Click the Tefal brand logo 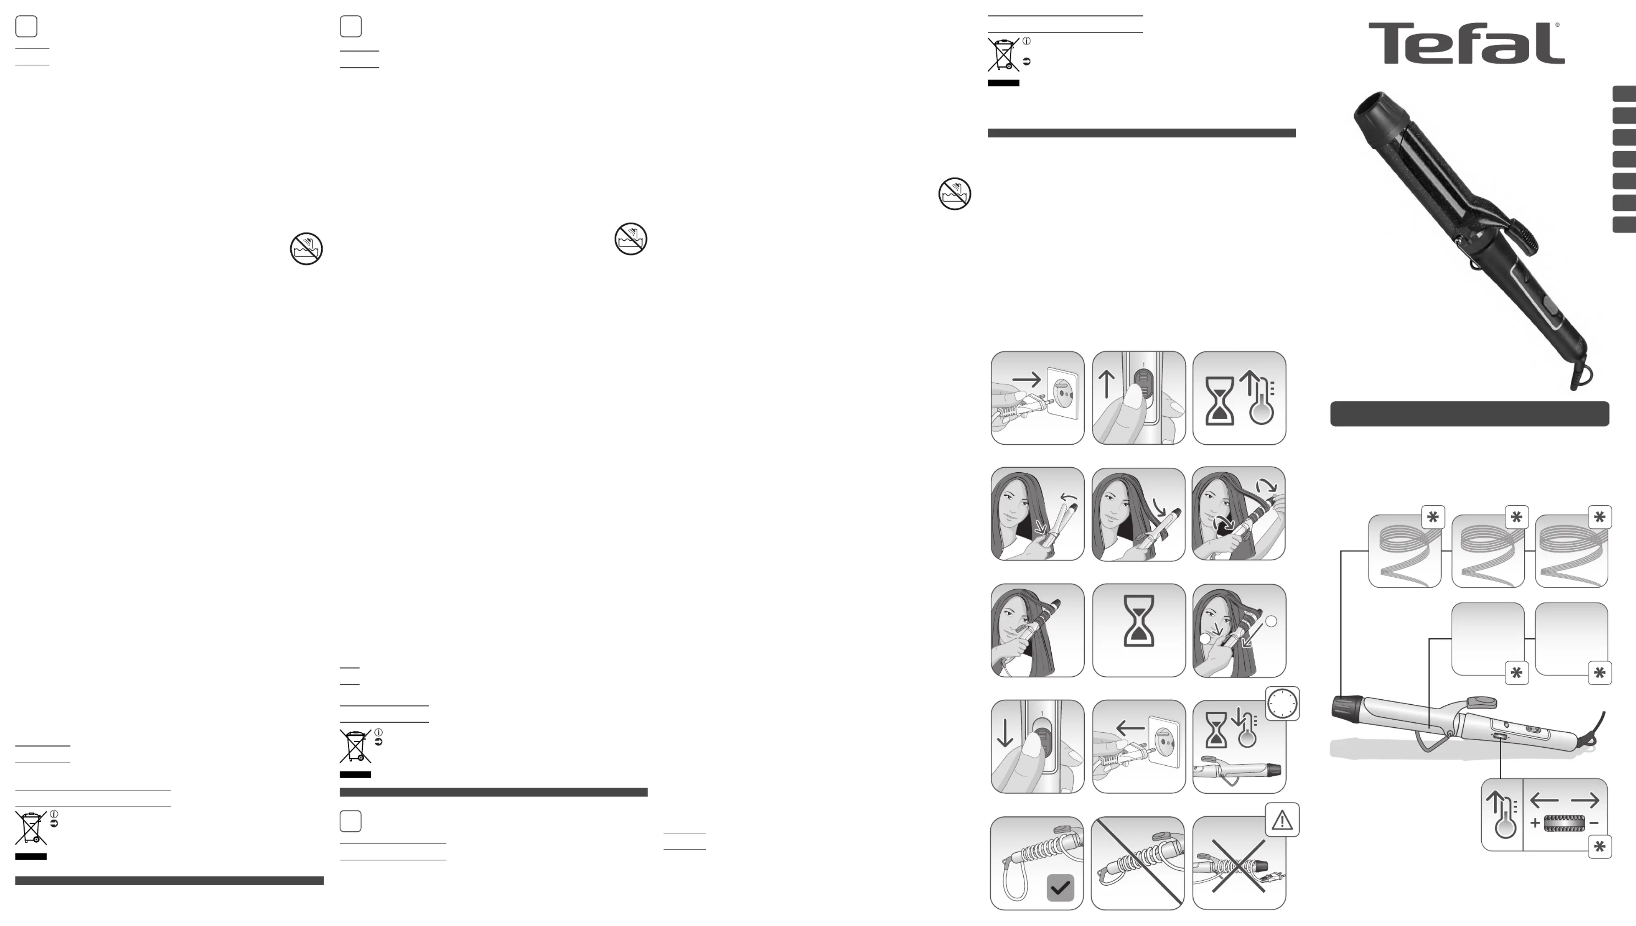click(1466, 43)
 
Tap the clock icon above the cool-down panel click(1282, 704)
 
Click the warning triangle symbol click(1282, 821)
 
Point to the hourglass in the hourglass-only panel click(1139, 621)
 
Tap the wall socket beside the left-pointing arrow click(1164, 745)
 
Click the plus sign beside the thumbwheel click(1535, 823)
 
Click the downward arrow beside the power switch click(1005, 733)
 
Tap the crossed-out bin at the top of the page click(1003, 55)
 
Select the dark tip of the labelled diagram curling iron click(1346, 707)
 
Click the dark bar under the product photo click(1469, 413)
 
